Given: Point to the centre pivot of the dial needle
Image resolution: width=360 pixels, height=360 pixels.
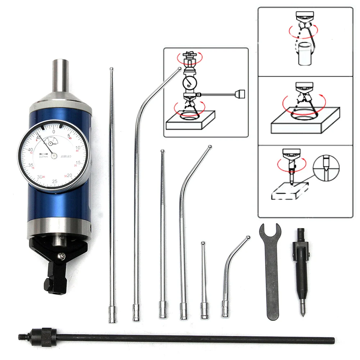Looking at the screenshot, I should (54, 155).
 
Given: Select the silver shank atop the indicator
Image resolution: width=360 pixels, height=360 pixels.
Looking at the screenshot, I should (60, 76).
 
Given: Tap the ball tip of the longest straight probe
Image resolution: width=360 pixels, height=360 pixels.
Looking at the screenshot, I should (111, 68).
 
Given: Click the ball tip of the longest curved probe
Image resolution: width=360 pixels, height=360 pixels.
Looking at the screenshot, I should (179, 68).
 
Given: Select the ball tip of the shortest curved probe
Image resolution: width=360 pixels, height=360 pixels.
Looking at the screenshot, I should (248, 237).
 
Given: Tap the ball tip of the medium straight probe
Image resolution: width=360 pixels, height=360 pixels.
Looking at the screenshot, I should (162, 151).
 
